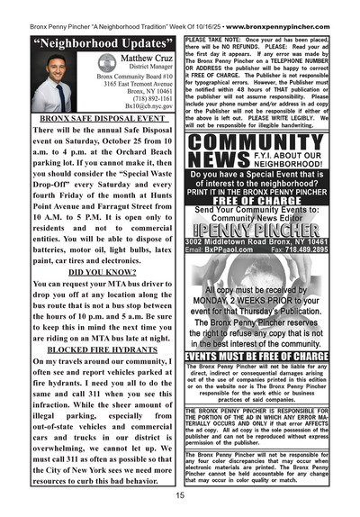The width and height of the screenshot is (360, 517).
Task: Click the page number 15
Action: [181, 496]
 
